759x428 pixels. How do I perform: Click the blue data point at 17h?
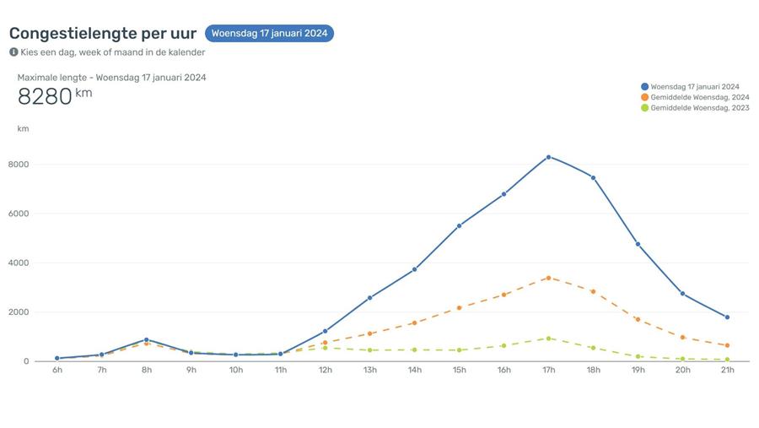click(548, 157)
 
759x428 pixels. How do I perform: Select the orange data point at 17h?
click(548, 278)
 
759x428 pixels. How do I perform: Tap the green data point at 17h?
click(548, 339)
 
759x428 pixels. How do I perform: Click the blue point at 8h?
click(146, 340)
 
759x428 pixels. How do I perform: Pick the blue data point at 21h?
click(727, 317)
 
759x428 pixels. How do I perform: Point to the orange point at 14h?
click(414, 322)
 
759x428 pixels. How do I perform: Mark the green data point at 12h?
click(325, 348)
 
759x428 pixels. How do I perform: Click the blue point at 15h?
click(459, 226)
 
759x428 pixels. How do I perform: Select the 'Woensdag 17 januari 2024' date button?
click(269, 34)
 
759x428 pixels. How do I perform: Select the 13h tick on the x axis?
click(369, 371)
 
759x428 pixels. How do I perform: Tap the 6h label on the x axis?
click(57, 371)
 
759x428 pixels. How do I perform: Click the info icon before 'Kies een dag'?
click(13, 51)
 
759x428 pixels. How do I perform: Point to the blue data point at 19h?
click(638, 244)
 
